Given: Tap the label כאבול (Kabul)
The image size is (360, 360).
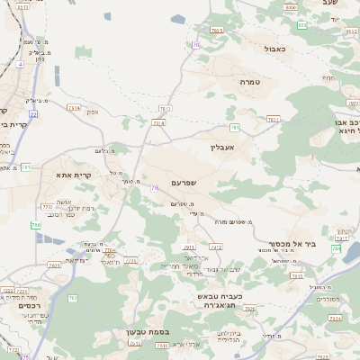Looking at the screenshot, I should [275, 49].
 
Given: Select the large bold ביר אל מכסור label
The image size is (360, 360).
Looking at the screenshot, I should [292, 244].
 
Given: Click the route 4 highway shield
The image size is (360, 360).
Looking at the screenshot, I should [20, 65].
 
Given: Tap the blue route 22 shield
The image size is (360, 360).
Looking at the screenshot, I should [32, 114].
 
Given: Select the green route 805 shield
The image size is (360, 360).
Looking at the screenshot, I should [301, 24].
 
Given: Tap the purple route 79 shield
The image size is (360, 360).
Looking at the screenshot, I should [155, 187].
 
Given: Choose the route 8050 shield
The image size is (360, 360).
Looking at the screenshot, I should [290, 7].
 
